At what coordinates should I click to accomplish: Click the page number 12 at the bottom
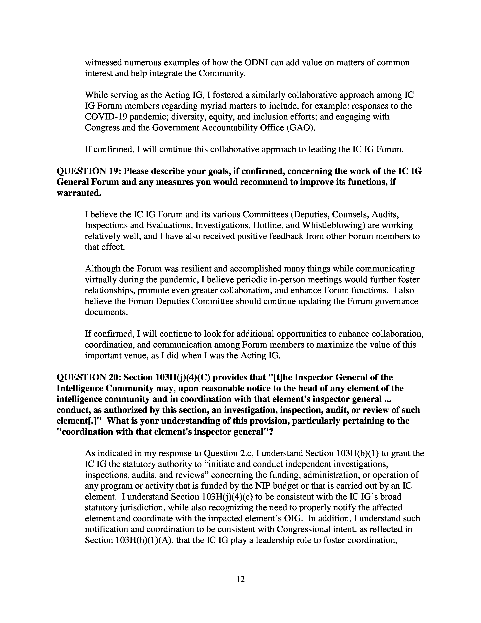pos(240,579)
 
